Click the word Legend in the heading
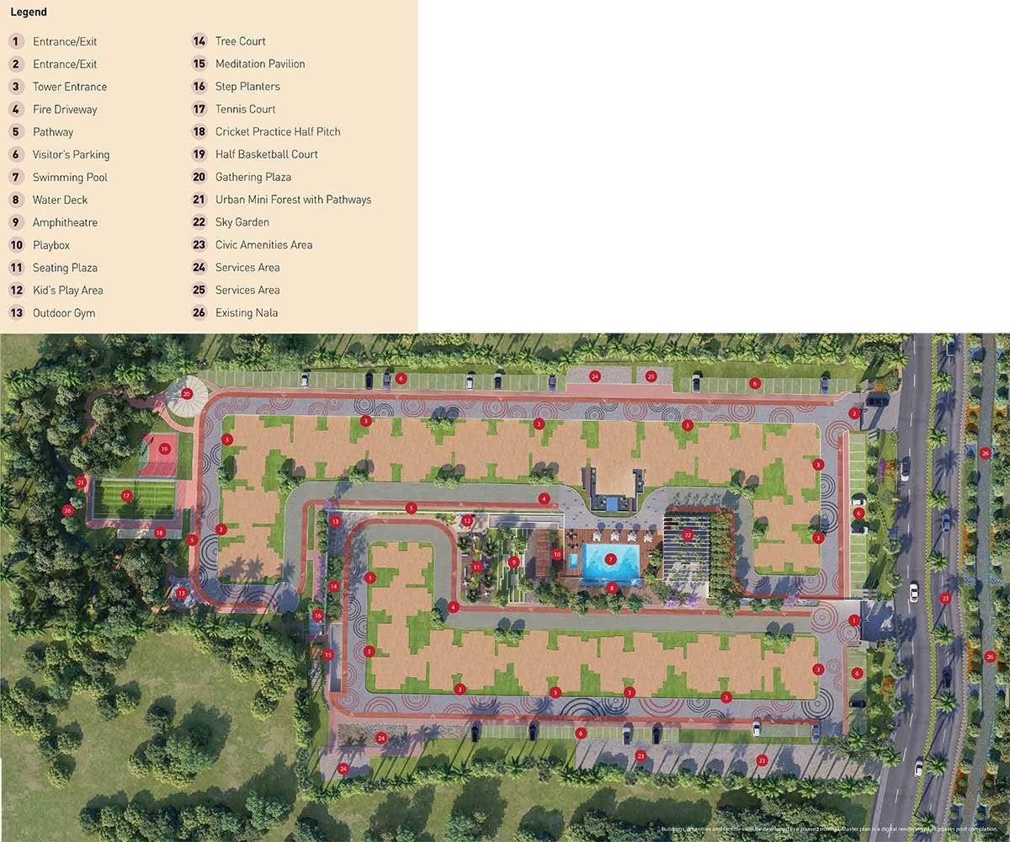click(29, 13)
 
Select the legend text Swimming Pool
click(70, 177)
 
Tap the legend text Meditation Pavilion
click(260, 64)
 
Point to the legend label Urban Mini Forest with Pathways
click(293, 200)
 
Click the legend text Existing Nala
click(247, 312)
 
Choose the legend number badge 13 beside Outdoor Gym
click(16, 312)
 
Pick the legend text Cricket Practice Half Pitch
click(278, 131)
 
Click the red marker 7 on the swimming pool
click(611, 558)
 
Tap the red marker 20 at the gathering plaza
click(187, 393)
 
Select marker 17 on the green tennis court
click(126, 495)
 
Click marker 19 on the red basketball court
click(164, 449)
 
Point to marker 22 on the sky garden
click(688, 535)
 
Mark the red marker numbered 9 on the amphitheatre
click(513, 562)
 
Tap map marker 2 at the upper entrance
click(853, 413)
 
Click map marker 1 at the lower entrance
click(854, 620)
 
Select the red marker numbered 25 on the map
click(651, 376)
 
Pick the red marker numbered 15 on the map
click(328, 654)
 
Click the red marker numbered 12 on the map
click(467, 521)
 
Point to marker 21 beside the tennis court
click(81, 482)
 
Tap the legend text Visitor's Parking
click(71, 154)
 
